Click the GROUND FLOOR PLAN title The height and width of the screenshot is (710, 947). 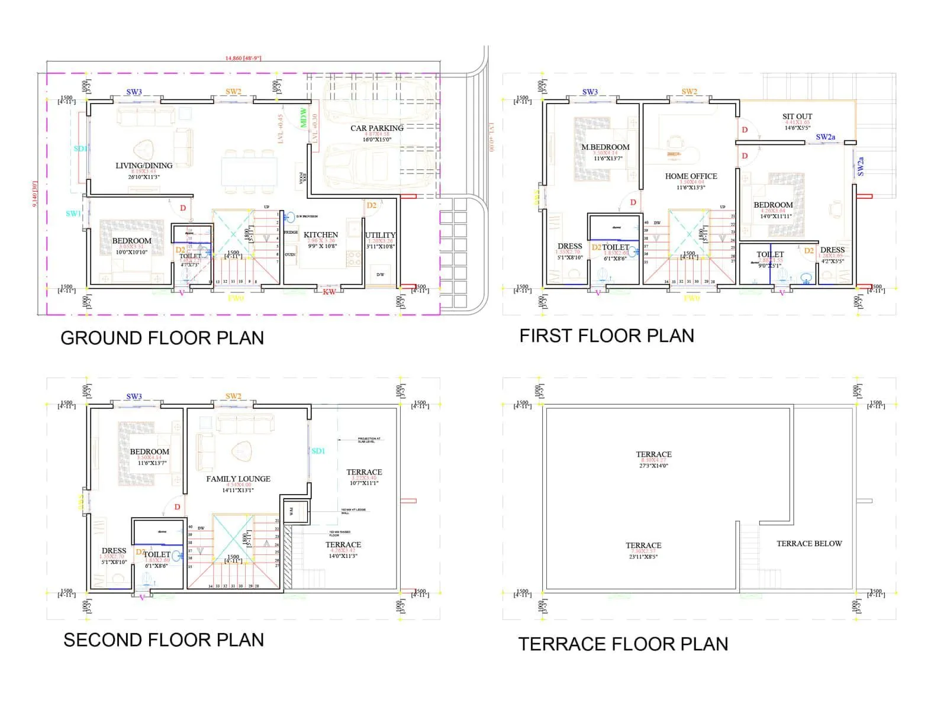click(x=162, y=338)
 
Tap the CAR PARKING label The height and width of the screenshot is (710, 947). click(x=376, y=128)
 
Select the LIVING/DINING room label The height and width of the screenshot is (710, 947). click(x=144, y=166)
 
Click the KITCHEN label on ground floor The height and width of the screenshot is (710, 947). click(x=321, y=235)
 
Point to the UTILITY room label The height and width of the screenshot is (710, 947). click(x=380, y=235)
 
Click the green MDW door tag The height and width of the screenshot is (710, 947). click(x=304, y=117)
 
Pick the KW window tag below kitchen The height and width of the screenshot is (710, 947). click(x=330, y=292)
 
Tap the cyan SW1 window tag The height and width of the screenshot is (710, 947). click(x=73, y=214)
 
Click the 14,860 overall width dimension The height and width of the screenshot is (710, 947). click(x=243, y=58)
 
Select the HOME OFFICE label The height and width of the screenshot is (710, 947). click(x=691, y=176)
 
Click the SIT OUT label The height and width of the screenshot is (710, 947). click(x=797, y=117)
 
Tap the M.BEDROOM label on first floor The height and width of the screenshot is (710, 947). click(x=605, y=147)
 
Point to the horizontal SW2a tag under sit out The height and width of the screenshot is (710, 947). click(x=825, y=137)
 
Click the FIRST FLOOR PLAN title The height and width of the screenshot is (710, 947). click(x=606, y=335)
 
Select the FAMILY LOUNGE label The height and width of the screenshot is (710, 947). click(x=238, y=479)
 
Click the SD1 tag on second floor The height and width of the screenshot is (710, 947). click(x=318, y=451)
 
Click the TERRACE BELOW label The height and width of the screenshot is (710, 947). click(x=809, y=543)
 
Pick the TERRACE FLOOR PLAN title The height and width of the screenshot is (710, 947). click(x=623, y=644)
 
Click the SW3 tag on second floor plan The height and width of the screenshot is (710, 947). click(x=134, y=396)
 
